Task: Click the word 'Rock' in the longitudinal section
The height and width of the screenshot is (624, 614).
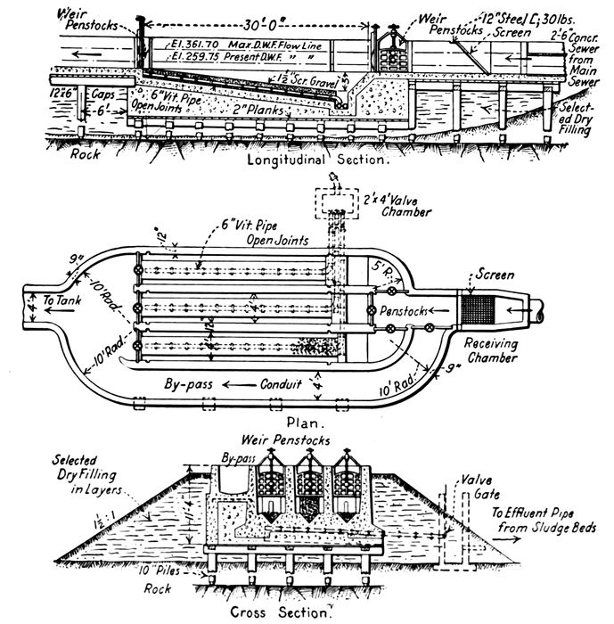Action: pos(85,152)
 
